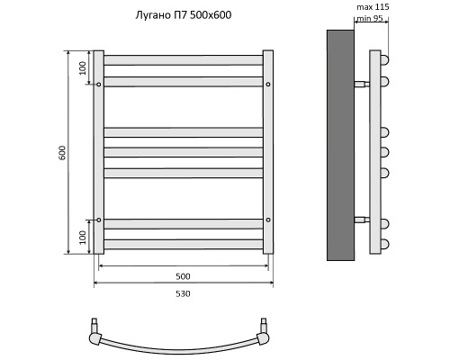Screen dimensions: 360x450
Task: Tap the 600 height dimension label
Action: tap(62, 152)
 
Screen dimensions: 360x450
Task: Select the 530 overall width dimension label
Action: tap(183, 293)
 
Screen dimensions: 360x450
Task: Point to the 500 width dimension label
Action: tap(183, 276)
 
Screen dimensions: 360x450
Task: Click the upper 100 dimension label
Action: tap(82, 67)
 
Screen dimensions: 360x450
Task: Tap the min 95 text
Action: tap(370, 18)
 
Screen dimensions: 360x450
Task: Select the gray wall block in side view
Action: tap(340, 144)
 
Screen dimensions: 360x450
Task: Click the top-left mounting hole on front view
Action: tap(99, 85)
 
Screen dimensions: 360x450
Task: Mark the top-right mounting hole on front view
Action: tap(268, 85)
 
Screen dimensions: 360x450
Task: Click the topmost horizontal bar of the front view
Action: tap(184, 60)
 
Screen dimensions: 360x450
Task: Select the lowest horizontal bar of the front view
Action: tap(184, 244)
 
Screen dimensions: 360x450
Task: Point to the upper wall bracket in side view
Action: tap(362, 85)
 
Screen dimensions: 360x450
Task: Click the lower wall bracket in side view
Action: tap(362, 220)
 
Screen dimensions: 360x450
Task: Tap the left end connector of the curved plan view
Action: tap(94, 335)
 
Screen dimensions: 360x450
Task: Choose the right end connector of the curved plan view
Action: tap(263, 335)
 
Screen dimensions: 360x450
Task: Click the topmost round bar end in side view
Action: tap(384, 60)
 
